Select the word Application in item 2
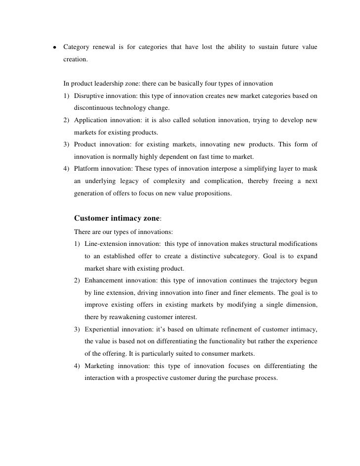[x=91, y=121]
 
